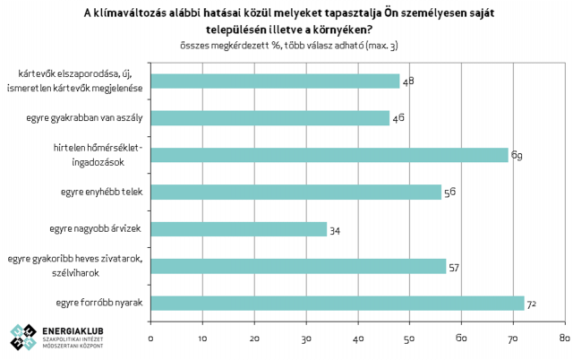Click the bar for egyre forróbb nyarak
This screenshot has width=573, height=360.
pos(337,303)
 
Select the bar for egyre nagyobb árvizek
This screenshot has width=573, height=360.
pos(238,229)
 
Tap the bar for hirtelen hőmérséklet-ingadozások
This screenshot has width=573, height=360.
pos(329,155)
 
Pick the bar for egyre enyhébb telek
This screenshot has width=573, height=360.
pos(295,192)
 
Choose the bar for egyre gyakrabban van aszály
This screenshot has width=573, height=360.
pos(270,117)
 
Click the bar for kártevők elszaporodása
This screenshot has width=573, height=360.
pos(275,81)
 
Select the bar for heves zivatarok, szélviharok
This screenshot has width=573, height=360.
pos(298,266)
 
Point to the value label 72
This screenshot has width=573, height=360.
pos(531,304)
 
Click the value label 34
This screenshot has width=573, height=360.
pos(335,231)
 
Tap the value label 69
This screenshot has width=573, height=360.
pos(517,156)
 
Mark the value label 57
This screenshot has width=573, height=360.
pos(454,267)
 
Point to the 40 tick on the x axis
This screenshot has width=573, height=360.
pos(357,338)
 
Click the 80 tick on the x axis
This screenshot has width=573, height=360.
pos(564,338)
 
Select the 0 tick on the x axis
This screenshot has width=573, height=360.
pos(151,338)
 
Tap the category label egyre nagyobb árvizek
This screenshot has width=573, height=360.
pos(98,229)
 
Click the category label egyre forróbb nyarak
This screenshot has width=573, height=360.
pos(100,303)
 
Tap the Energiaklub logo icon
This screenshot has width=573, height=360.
pos(24,337)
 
